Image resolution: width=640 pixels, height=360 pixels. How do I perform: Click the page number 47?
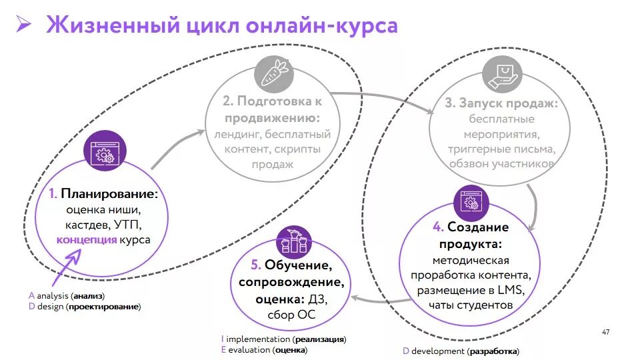click(x=605, y=331)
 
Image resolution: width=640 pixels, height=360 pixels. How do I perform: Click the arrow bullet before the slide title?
click(x=24, y=26)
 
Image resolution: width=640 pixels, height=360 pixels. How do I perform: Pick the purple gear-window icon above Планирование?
click(x=104, y=153)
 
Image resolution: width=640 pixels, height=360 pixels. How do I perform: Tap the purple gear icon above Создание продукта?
click(x=472, y=203)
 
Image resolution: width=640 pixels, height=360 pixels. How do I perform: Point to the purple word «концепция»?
click(x=87, y=240)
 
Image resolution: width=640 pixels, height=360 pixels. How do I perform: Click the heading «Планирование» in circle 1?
click(x=110, y=194)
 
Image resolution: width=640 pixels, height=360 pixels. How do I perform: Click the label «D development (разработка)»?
click(x=461, y=351)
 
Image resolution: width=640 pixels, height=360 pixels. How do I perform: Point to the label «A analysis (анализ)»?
click(x=67, y=295)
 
